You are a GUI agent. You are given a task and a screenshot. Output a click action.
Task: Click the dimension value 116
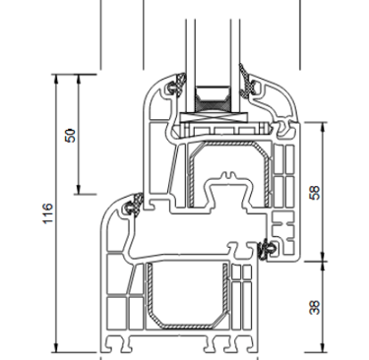48,213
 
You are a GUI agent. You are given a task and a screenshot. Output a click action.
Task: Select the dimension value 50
71,136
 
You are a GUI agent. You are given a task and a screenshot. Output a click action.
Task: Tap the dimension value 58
315,193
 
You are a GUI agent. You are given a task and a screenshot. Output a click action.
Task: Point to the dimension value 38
315,308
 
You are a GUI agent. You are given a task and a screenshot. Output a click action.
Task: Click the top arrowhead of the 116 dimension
56,80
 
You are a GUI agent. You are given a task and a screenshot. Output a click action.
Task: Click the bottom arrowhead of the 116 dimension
56,347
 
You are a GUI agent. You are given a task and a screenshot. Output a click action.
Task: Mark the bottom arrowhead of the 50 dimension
79,189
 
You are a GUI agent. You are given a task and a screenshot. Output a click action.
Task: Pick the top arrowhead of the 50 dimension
79,80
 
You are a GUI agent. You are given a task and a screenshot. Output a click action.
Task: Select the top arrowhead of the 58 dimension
323,127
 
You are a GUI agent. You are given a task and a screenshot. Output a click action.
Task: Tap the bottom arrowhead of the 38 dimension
323,347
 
